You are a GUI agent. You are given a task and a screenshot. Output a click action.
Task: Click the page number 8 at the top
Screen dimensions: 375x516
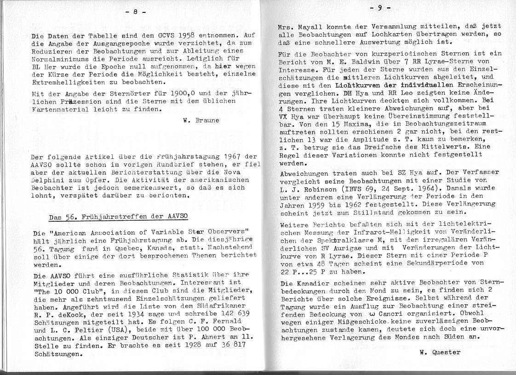tap(136, 12)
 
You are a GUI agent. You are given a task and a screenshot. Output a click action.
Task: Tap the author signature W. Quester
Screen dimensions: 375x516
tap(440, 352)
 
